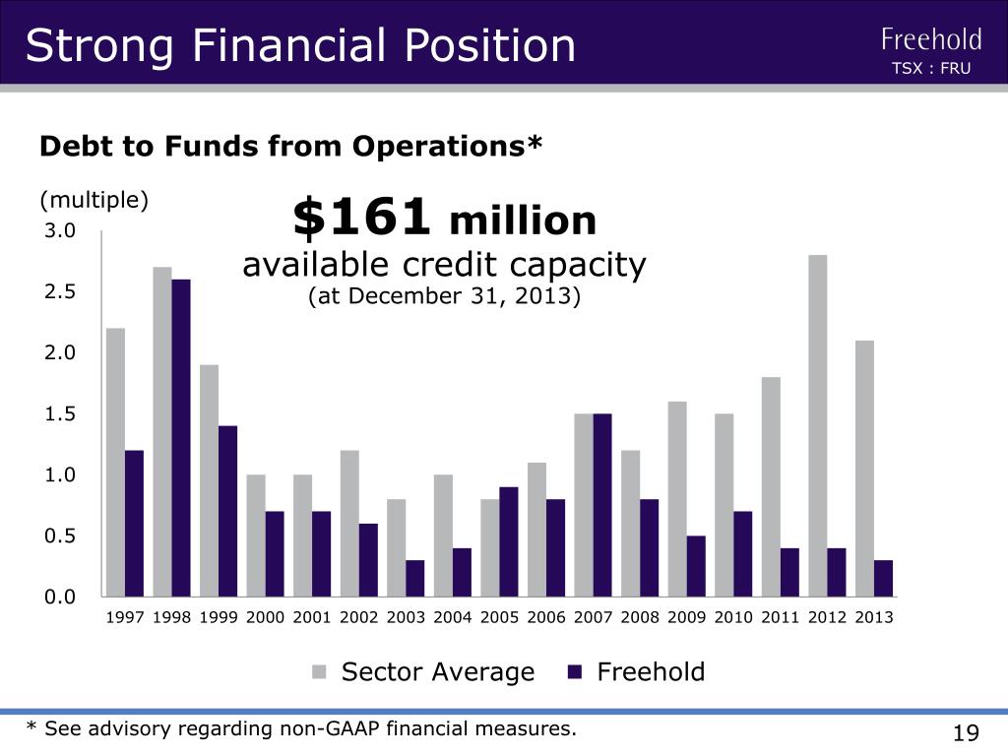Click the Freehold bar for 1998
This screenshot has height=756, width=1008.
[181, 438]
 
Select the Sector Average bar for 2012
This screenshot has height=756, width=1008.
[818, 425]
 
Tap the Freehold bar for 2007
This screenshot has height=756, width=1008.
[602, 505]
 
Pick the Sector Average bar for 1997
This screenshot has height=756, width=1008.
[116, 463]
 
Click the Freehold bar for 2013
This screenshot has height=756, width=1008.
[883, 579]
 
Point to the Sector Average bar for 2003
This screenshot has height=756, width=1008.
[397, 547]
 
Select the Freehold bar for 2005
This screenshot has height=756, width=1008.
[509, 542]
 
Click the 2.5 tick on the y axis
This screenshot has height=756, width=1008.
[60, 291]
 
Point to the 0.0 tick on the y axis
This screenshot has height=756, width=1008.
[60, 598]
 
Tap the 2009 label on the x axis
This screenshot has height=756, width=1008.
[686, 618]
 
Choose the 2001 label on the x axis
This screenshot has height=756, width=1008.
[312, 618]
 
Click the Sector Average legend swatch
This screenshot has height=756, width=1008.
[319, 672]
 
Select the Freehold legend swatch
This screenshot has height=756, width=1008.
[575, 672]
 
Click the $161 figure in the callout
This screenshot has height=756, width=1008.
[361, 217]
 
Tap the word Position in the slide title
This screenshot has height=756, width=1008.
[490, 45]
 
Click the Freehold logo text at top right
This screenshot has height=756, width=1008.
[931, 39]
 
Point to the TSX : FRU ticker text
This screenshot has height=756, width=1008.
[931, 68]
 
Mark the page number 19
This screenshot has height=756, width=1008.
[967, 732]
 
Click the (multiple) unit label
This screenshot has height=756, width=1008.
[94, 200]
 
